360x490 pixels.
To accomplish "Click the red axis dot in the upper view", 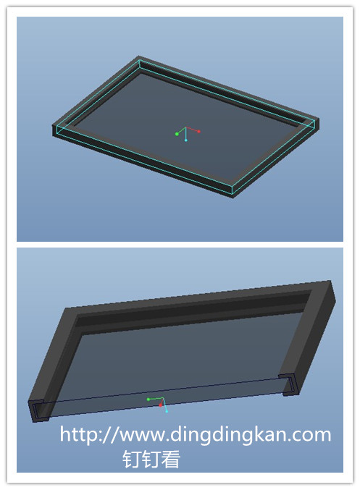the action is tap(198, 132).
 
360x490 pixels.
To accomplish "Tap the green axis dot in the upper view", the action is tap(177, 134).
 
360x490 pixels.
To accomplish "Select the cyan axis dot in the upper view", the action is tap(185, 140).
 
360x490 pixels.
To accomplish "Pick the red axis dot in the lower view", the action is tap(161, 405).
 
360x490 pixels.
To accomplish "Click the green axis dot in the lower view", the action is tap(148, 400).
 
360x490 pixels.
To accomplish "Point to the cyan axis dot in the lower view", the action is tap(167, 412).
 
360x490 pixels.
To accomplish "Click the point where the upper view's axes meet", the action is tap(185, 127).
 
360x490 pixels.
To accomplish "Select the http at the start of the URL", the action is tap(77, 434).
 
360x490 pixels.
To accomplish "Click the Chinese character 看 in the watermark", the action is tap(171, 459).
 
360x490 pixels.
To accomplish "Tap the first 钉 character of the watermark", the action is tap(132, 459).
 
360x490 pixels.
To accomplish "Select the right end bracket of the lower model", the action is tap(289, 384).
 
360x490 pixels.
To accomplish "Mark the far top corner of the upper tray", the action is tap(139, 56).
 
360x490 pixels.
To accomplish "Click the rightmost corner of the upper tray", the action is tap(319, 119).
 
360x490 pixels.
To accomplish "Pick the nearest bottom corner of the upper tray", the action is tap(233, 198).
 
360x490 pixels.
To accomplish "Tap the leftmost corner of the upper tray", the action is tap(52, 126).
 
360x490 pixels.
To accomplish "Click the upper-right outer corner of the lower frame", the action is tap(330, 281).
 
